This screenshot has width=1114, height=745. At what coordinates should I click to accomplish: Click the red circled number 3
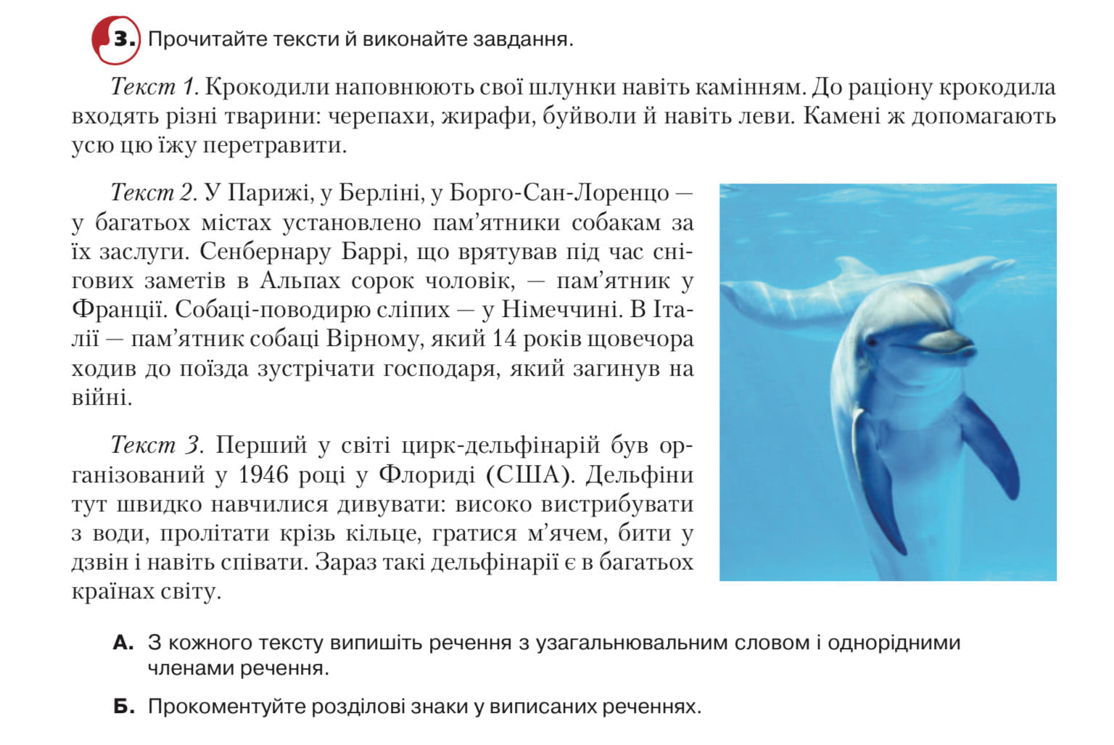116,39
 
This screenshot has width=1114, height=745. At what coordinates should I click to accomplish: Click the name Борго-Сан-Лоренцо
559,193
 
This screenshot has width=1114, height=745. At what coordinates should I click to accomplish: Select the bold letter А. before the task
123,643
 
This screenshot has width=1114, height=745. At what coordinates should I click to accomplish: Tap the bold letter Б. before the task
123,707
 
